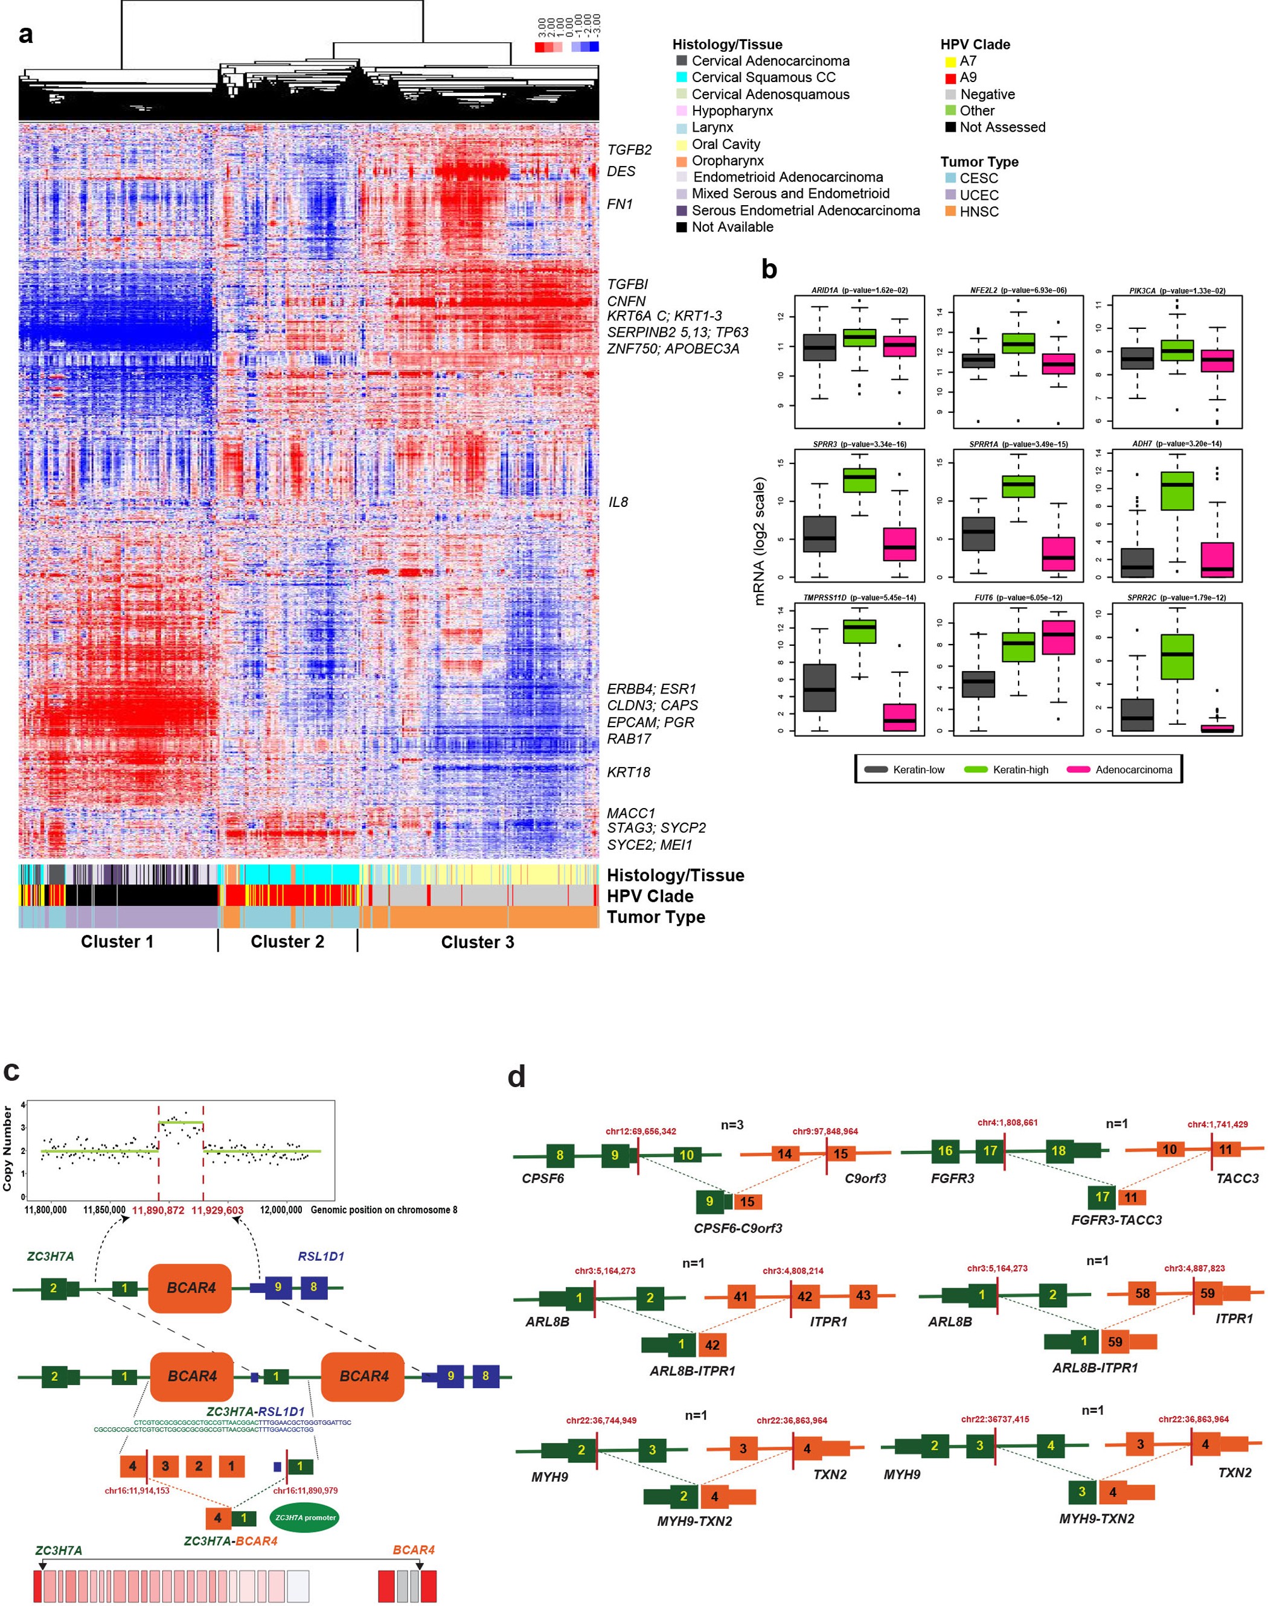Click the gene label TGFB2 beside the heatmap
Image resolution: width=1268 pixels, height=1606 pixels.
point(629,150)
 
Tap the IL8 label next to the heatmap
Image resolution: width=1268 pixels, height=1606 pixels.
point(618,502)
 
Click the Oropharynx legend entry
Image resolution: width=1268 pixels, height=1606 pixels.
point(728,161)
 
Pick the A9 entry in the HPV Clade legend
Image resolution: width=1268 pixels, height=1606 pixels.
point(967,77)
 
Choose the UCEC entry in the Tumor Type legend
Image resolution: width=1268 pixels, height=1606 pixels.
point(978,194)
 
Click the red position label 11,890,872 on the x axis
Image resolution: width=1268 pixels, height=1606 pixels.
point(158,1209)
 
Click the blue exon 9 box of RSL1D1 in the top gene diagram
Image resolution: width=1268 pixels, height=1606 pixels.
point(278,1287)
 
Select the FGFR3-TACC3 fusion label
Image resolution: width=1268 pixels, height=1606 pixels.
point(1116,1219)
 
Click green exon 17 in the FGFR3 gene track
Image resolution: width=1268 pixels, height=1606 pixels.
point(990,1151)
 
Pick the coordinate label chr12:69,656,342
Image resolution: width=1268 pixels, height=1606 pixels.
point(640,1132)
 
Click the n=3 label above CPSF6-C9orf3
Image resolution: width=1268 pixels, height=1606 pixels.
point(731,1125)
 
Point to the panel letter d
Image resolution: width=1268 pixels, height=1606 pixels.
point(517,1077)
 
